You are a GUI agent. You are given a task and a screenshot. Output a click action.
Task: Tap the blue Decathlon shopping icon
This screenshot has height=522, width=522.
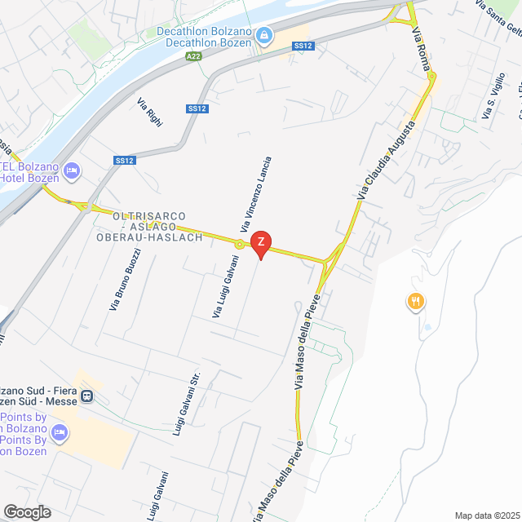[263, 37]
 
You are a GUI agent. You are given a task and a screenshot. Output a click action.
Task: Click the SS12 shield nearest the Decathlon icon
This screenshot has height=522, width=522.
[303, 46]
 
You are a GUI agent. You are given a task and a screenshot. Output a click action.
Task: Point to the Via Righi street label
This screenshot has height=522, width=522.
[150, 112]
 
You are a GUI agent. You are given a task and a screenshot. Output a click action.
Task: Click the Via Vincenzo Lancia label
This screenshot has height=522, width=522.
[255, 192]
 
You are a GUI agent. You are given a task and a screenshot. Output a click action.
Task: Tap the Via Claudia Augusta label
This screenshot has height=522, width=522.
[386, 160]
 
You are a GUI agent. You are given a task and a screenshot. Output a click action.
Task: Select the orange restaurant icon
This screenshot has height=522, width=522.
[416, 302]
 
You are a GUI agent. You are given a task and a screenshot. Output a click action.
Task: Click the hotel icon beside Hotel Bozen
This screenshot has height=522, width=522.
[71, 170]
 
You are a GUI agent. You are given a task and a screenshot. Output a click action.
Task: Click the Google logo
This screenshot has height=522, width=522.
[26, 511]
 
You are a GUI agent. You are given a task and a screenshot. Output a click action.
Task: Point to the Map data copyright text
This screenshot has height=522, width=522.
[486, 515]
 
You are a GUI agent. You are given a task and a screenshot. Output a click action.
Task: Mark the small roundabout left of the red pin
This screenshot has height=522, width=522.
[239, 244]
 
